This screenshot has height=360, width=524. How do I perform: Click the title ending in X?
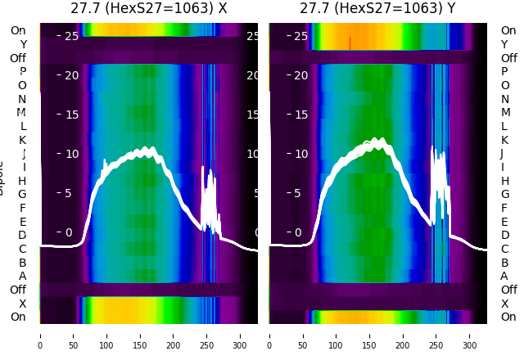tap(148, 8)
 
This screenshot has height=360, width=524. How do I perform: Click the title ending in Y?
tap(377, 8)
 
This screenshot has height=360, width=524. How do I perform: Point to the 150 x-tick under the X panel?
tap(140, 335)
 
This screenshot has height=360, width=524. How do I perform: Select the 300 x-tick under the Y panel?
tap(471, 335)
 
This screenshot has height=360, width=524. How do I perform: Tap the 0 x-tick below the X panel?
tap(40, 335)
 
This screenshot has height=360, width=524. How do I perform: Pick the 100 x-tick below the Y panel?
tap(337, 335)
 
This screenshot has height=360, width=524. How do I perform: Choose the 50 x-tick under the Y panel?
tap(303, 335)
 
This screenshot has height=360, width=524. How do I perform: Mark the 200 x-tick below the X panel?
tap(174, 335)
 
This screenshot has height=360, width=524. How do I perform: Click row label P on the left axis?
tap(22, 72)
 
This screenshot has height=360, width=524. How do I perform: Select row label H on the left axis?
tap(22, 181)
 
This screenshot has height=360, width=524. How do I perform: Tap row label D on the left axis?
tap(22, 236)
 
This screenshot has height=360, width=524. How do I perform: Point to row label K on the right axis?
tap(504, 140)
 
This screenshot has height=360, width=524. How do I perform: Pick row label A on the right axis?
tap(504, 277)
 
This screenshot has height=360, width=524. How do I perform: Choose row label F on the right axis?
tap(504, 208)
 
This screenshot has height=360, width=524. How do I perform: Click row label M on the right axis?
tap(505, 113)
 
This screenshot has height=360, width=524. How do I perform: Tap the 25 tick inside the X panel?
tap(70, 36)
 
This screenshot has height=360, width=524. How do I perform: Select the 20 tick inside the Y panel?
tap(300, 75)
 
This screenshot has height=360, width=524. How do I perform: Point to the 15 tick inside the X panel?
tap(70, 115)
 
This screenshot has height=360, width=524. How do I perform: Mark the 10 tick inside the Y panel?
tap(300, 154)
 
